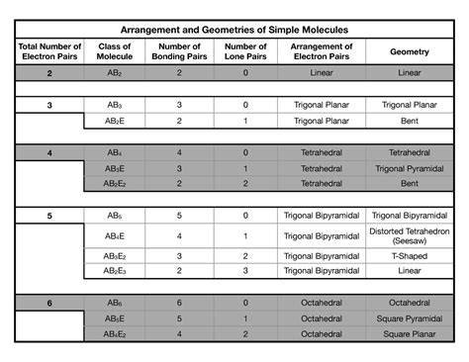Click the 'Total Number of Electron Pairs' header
click(x=48, y=51)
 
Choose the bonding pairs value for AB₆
click(x=179, y=303)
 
